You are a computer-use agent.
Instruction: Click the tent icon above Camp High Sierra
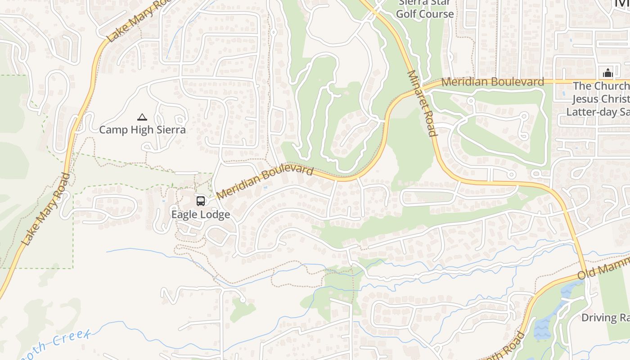[142, 117]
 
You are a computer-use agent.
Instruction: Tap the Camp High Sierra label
[142, 130]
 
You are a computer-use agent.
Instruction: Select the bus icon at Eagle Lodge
[201, 201]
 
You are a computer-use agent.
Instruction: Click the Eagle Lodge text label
[201, 214]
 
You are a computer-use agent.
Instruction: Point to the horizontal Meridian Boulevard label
[492, 82]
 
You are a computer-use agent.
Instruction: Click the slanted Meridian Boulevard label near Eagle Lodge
[265, 182]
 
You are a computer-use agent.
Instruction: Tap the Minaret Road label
[422, 103]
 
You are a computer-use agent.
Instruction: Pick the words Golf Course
[425, 14]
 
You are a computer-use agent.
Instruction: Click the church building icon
[607, 73]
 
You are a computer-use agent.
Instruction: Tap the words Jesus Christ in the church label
[601, 99]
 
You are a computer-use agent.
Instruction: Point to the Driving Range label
[605, 318]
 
